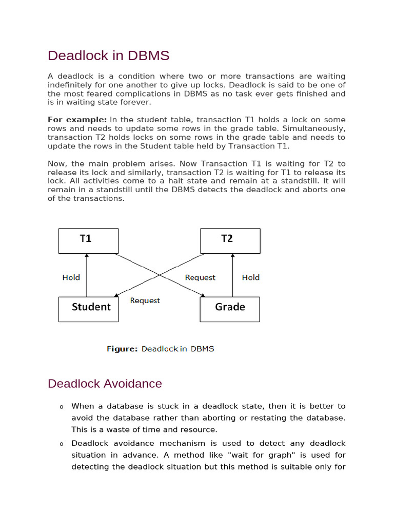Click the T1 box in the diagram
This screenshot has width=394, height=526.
tap(88, 241)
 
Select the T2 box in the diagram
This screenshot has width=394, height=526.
tap(230, 241)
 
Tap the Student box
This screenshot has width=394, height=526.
tap(88, 309)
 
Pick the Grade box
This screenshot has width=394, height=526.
tap(230, 309)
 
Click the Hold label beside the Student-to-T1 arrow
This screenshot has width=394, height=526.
tap(71, 277)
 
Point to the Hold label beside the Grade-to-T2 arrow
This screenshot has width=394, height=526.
tap(250, 277)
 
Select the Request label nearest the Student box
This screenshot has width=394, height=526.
tap(145, 300)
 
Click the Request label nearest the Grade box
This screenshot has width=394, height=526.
tap(200, 277)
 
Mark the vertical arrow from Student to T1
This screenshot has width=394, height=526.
tap(87, 275)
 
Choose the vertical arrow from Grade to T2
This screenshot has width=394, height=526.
tap(233, 275)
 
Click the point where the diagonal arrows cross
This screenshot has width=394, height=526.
tap(160, 275)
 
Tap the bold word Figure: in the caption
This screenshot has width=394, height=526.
tap(122, 349)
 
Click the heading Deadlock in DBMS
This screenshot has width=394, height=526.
tap(108, 55)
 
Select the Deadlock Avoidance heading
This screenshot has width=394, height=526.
tap(105, 384)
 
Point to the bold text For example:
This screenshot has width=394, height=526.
tap(77, 120)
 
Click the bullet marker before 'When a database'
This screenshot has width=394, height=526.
tap(61, 407)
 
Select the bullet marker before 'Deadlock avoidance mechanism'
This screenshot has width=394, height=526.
tap(61, 444)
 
